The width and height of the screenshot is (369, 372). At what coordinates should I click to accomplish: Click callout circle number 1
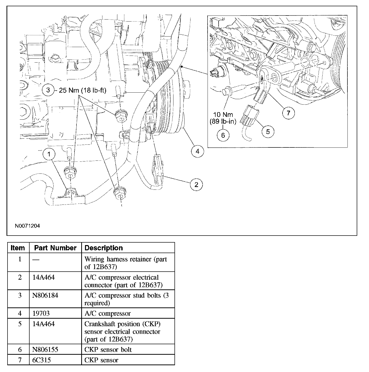[49, 154]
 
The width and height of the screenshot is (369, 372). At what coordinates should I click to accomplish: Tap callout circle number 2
[196, 184]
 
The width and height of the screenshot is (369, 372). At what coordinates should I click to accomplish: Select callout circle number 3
[48, 90]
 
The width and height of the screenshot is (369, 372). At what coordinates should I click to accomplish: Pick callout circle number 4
[198, 151]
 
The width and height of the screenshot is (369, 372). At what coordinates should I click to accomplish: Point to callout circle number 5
[268, 131]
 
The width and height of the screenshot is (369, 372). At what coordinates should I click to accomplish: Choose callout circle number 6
[223, 135]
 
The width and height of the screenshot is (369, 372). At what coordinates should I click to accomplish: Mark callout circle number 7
[289, 113]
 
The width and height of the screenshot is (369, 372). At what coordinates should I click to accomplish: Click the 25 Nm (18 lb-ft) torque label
[82, 90]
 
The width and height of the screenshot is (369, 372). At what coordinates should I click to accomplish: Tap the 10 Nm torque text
[223, 115]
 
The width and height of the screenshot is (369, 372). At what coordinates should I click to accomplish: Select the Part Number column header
[55, 248]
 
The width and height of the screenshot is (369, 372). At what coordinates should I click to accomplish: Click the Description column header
[104, 248]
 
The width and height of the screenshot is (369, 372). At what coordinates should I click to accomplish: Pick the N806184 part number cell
[45, 295]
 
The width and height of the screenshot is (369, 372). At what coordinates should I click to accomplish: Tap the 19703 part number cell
[41, 313]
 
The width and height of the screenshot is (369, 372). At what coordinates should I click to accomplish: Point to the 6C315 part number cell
[42, 360]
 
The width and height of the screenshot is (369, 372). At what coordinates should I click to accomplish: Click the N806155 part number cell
[45, 349]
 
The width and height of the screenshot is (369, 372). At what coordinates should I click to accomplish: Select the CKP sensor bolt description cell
[108, 349]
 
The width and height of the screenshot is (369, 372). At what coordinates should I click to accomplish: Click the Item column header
[18, 248]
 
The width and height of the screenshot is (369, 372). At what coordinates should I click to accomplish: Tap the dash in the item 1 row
[36, 260]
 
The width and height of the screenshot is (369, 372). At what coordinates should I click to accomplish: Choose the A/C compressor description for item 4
[108, 313]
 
